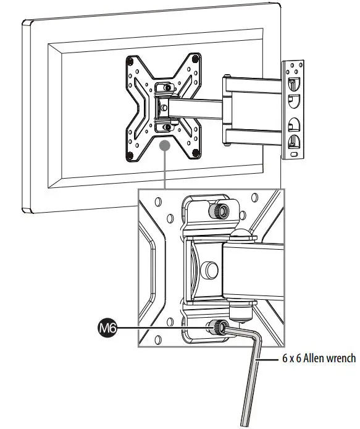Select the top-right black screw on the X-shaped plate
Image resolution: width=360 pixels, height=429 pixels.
(x=196, y=59)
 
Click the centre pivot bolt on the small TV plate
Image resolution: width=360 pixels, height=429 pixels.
(x=164, y=106)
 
